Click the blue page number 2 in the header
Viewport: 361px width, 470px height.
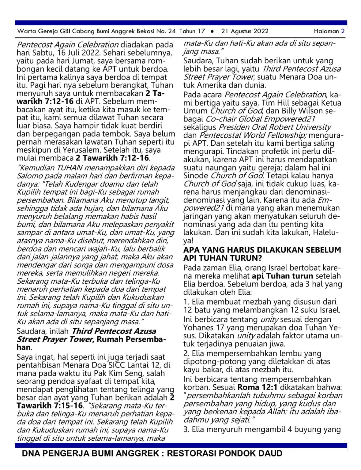click(343, 31)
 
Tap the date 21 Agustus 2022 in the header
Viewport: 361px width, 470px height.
click(245, 31)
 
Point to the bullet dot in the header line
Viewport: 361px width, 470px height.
click(212, 31)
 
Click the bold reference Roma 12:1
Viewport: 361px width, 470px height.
click(257, 387)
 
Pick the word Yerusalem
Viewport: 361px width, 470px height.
click(81, 150)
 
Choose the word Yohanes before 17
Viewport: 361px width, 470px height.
click(197, 328)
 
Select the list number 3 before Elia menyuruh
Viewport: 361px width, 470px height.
click(186, 429)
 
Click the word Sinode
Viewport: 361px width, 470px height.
click(195, 176)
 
